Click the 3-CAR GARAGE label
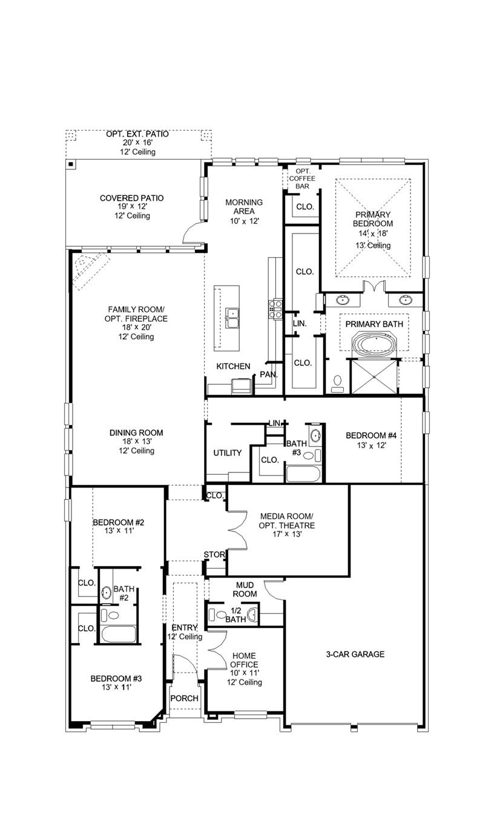[355, 655]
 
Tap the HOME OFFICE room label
[244, 660]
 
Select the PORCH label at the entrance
[184, 698]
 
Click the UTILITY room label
[228, 453]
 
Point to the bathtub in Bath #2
[118, 635]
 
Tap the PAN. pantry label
[269, 375]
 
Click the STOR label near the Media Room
[214, 555]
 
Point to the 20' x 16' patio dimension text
[137, 143]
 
